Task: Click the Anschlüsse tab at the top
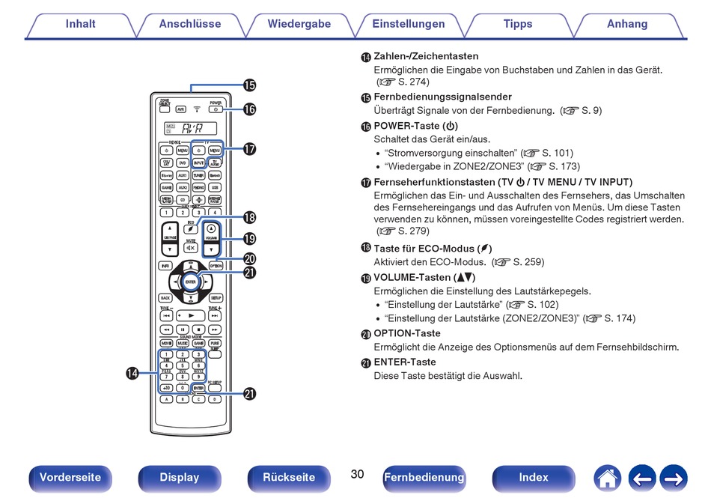pos(190,24)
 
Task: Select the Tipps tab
pos(518,24)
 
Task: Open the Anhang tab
pos(627,24)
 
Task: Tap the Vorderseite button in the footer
pos(70,478)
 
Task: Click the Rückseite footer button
pos(289,478)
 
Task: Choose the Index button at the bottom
pos(534,478)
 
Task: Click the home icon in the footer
pos(607,478)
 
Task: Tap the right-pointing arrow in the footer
pos(673,478)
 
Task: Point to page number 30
pos(357,475)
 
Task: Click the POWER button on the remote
pos(216,109)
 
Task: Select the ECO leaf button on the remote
pos(192,228)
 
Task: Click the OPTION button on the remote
pos(216,266)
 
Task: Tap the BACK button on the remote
pos(165,297)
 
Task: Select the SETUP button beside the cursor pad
pos(216,297)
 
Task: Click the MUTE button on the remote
pos(191,247)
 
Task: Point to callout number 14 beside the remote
pos(132,373)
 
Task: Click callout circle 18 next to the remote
pos(249,218)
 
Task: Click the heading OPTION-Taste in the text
pos(407,333)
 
